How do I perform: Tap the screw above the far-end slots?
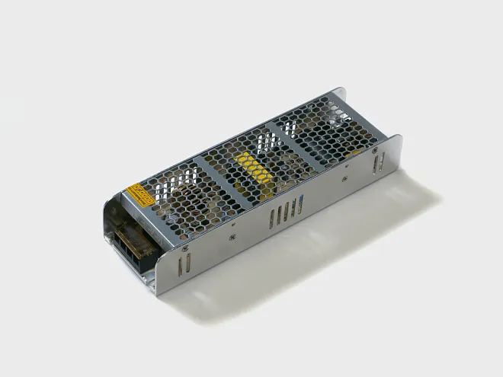pyautogui.click(x=375, y=151)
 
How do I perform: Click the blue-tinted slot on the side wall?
pyautogui.click(x=303, y=201)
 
